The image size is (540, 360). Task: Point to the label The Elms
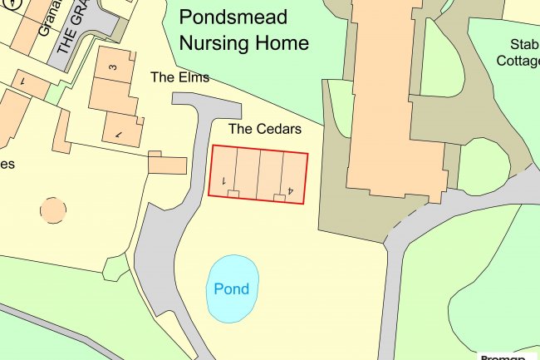[x=179, y=77]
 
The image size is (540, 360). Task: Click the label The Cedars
[x=264, y=130]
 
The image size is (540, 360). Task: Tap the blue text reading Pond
[x=231, y=289]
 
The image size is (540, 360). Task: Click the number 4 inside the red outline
[x=291, y=190]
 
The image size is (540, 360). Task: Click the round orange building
[x=53, y=210]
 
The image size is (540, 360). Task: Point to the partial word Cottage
[x=518, y=60]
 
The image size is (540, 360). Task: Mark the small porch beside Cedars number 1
[x=233, y=194]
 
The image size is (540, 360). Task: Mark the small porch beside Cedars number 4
[x=279, y=196]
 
